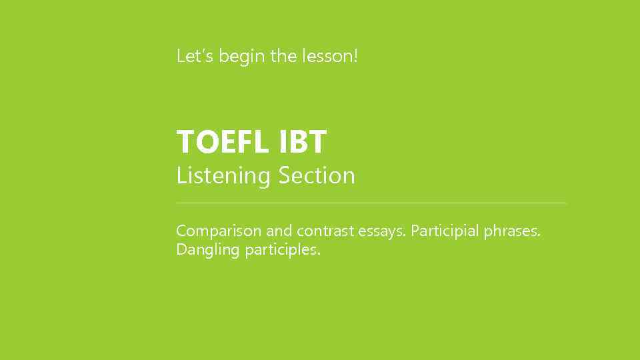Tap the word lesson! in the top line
[330, 56]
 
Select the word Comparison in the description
[219, 231]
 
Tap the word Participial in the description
[445, 231]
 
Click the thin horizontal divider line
[371, 203]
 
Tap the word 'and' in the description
[279, 231]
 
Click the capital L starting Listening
[180, 176]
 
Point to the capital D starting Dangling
[181, 251]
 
